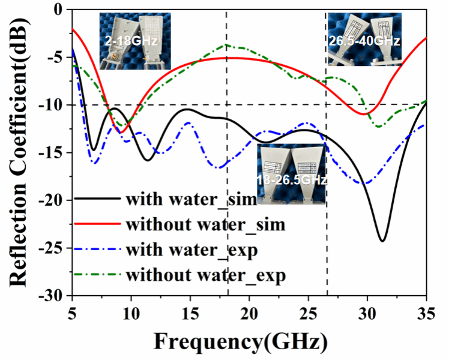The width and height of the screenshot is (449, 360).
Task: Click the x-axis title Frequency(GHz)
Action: point(241,341)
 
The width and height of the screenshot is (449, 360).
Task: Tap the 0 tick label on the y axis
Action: point(61,10)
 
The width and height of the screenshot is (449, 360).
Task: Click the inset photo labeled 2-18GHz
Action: point(136,41)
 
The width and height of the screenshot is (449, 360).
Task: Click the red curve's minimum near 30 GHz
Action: point(364,113)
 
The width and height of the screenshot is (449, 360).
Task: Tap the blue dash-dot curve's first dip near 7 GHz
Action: point(94,162)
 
